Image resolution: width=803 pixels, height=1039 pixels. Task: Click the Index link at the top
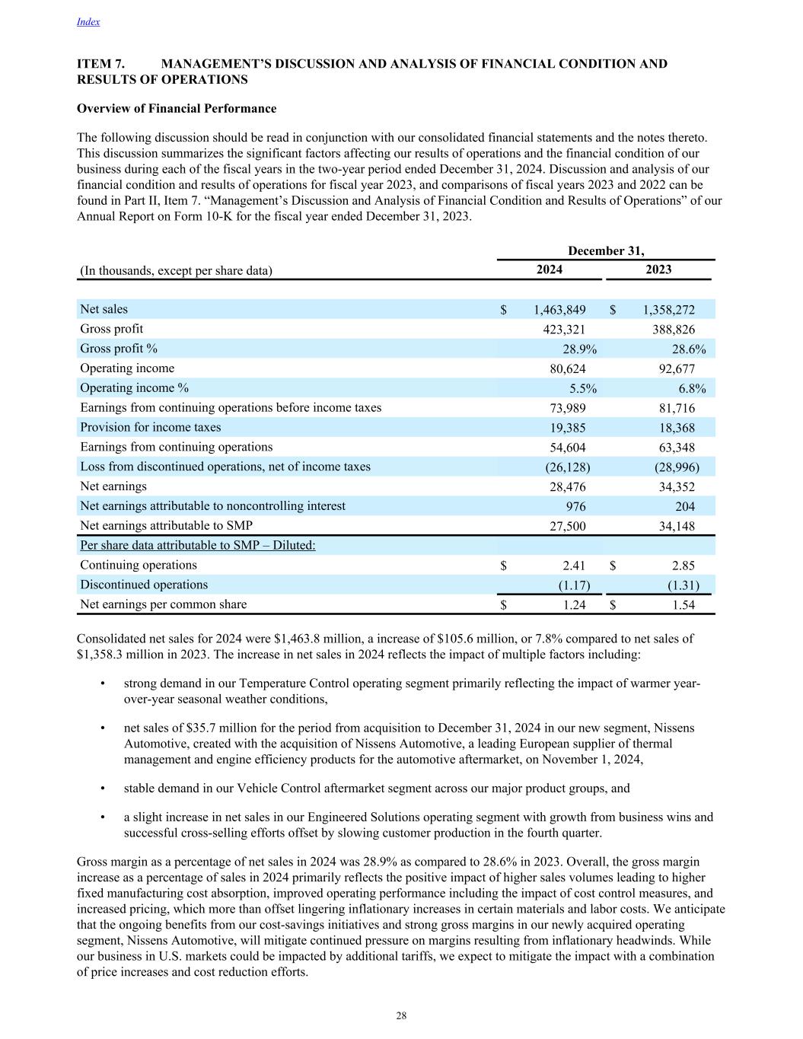[x=88, y=22]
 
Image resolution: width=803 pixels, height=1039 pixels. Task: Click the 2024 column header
[x=550, y=269]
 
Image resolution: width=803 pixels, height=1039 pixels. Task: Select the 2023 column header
[x=658, y=269]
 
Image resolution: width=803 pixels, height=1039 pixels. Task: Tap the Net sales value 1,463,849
[x=559, y=310]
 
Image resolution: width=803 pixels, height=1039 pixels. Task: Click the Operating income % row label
[x=135, y=388]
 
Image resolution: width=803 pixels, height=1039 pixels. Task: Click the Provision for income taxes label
[x=151, y=428]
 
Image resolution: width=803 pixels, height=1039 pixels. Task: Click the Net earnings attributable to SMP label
[x=166, y=526]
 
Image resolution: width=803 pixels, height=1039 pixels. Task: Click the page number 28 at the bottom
[x=401, y=1016]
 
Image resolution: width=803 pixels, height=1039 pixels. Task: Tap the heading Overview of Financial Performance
[x=177, y=109]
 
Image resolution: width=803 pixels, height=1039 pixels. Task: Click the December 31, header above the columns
[x=606, y=250]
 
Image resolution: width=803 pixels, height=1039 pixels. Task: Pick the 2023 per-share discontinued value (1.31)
[x=684, y=585]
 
